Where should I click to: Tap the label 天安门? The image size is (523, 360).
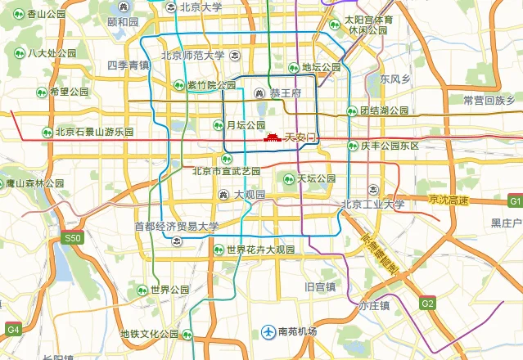300,139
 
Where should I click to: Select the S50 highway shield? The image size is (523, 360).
74,238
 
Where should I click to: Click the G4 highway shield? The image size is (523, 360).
13,329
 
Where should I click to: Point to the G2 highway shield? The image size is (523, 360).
427,303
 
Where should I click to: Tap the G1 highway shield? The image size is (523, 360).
515,200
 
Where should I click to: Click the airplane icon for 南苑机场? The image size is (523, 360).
268,331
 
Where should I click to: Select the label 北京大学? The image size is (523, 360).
201,7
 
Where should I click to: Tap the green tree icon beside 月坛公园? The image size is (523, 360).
218,125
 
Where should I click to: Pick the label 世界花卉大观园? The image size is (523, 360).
260,250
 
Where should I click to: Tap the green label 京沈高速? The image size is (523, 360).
449,200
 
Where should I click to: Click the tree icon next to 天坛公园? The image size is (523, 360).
288,178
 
